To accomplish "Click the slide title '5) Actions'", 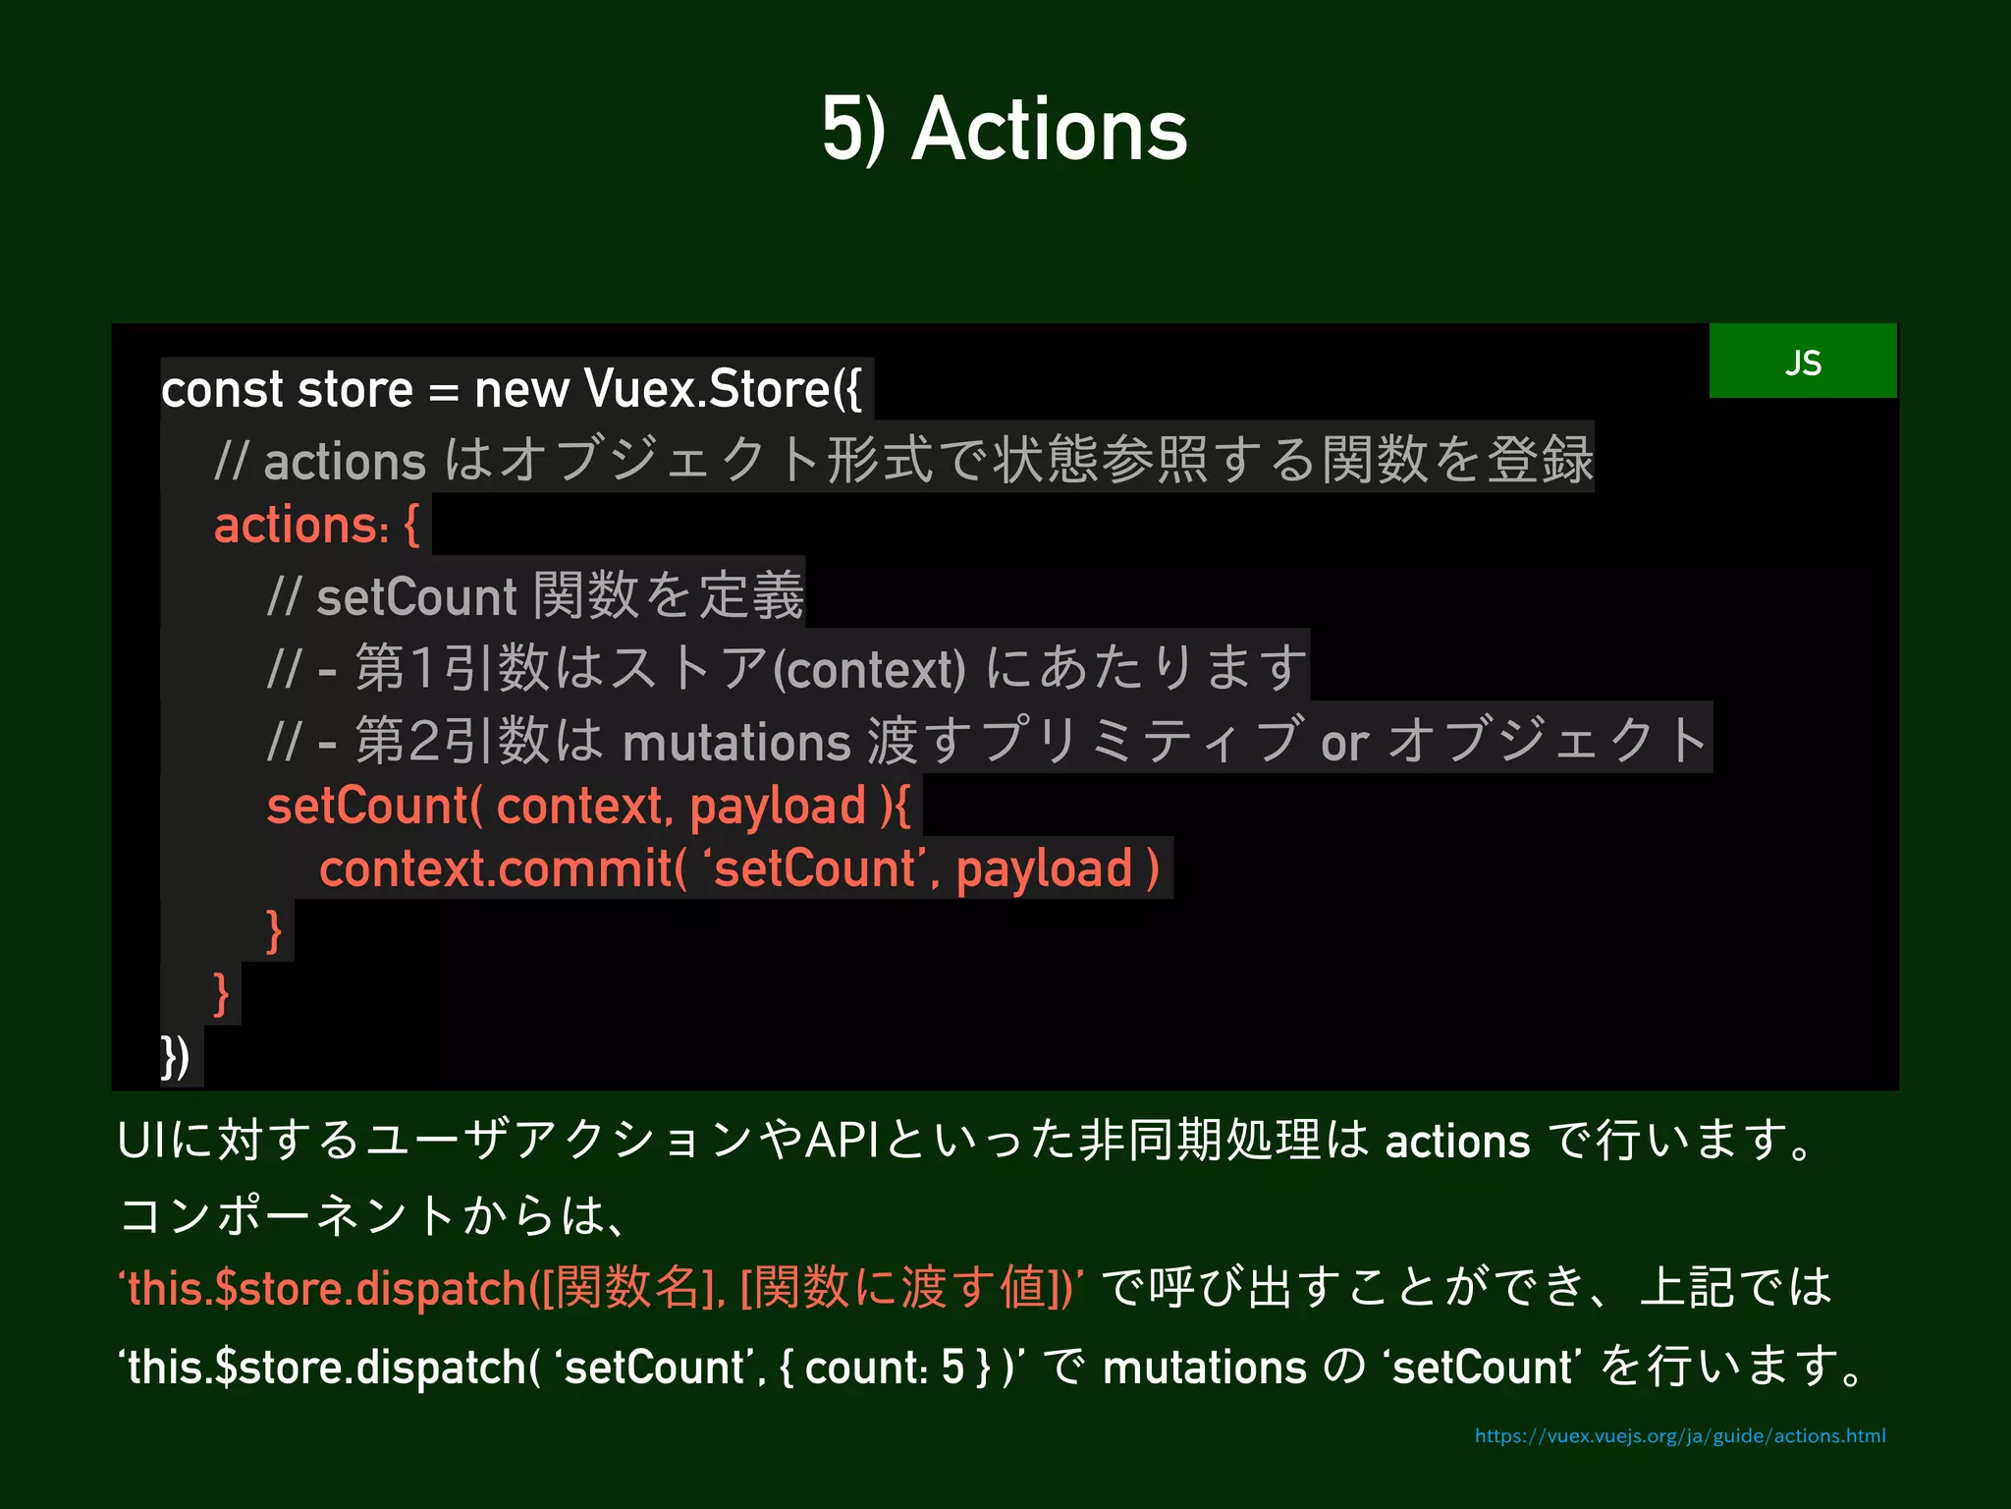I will coord(1005,130).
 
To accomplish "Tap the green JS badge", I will coord(1802,362).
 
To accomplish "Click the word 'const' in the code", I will coord(222,390).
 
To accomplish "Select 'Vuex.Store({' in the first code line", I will coord(722,390).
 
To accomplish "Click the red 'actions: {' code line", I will coord(316,526).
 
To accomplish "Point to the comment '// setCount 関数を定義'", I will coord(535,596).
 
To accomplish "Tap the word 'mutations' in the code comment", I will coord(736,742).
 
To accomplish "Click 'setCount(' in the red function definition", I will coord(374,807).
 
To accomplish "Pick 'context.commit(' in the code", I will coord(502,869).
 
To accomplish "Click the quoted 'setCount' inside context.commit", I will coord(815,869).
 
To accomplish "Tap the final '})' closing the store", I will coord(176,1057).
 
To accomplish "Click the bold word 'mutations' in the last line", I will coord(1204,1368).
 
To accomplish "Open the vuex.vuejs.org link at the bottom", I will coord(1679,1436).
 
